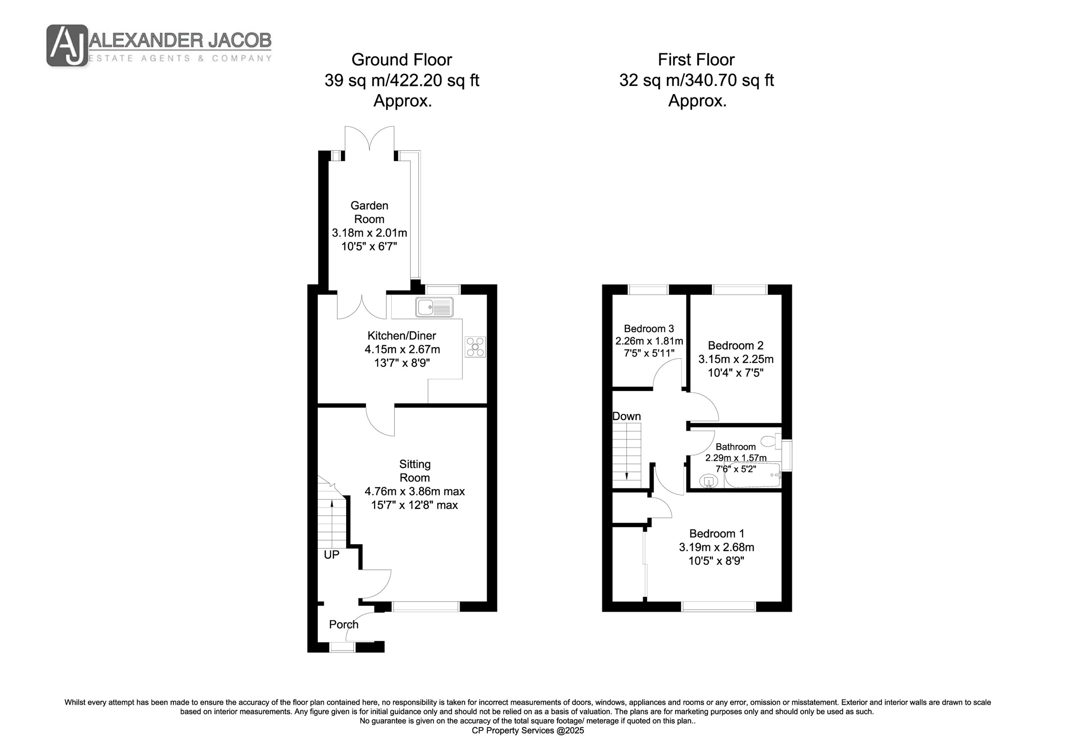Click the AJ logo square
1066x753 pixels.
[x=67, y=45]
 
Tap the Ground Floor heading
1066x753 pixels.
[x=402, y=60]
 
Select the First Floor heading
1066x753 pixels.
[x=696, y=60]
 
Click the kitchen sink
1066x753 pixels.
[x=435, y=307]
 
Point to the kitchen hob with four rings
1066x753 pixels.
[x=475, y=347]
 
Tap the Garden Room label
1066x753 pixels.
[x=369, y=212]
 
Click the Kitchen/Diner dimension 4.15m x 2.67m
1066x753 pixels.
[x=402, y=349]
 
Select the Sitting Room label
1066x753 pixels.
[x=415, y=471]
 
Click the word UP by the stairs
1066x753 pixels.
[x=332, y=555]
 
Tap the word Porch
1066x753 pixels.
[x=344, y=625]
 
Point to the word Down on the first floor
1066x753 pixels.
[x=627, y=416]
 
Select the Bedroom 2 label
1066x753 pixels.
[x=736, y=346]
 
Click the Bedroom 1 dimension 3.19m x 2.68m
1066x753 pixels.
[x=717, y=547]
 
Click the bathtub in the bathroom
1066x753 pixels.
[x=753, y=475]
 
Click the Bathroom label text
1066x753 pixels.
[x=736, y=447]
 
